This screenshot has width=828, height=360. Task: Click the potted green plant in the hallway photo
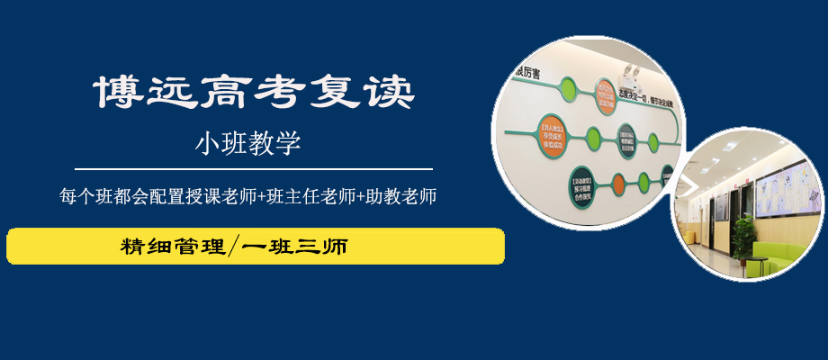coord(743,236)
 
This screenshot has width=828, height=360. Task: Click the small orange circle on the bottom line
coord(620,185)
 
